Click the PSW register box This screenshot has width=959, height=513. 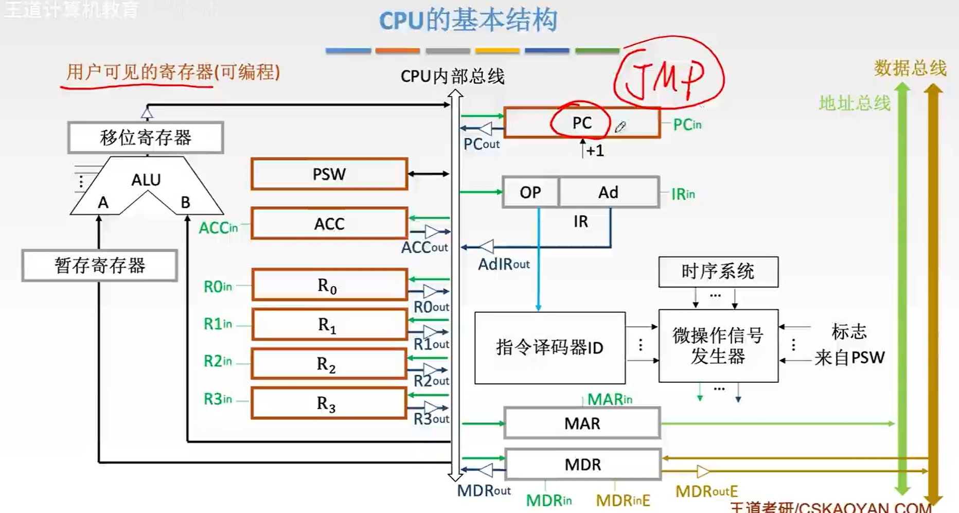pos(329,174)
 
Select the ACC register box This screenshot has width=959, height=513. pos(329,223)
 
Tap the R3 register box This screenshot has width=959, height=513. pos(328,403)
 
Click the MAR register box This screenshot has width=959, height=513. pos(582,423)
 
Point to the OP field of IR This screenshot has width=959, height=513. pos(530,192)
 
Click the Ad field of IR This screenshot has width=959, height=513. pos(608,192)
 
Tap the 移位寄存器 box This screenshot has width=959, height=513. pos(146,137)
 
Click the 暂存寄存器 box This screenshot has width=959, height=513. pos(100,266)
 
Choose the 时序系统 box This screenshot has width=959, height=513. pos(718,272)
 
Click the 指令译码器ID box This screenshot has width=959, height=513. pos(549,348)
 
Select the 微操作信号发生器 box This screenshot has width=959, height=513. pos(718,346)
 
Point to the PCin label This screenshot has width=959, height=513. pos(687,125)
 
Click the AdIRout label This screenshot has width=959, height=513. pos(504,264)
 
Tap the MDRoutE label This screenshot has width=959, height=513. pos(706,491)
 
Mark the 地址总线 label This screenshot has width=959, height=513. pos(854,103)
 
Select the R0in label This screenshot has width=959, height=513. pos(218,287)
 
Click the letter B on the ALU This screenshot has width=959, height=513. pos(185,203)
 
